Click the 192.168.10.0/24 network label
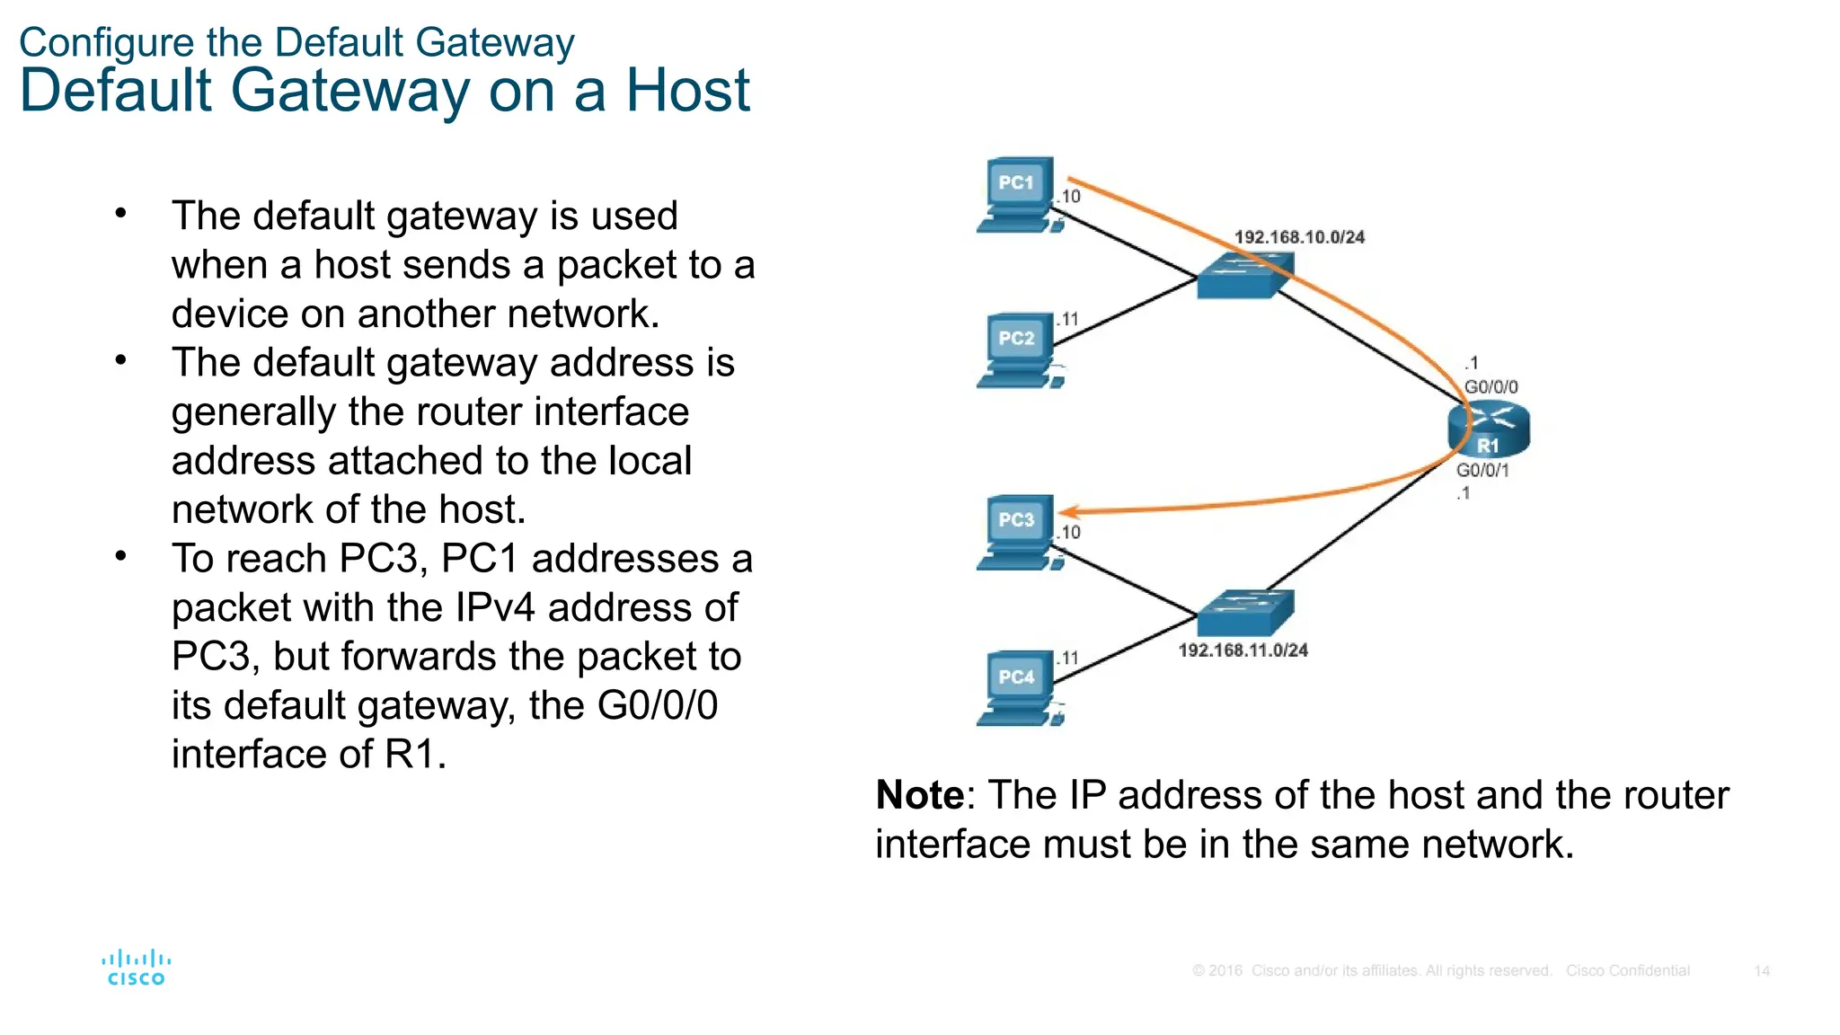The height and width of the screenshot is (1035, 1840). point(1299,237)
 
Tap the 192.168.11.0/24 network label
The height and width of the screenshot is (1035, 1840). point(1243,650)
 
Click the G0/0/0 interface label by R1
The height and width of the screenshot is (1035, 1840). point(1491,387)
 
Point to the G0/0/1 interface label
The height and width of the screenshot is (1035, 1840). point(1482,470)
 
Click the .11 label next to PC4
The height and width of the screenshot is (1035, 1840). point(1067,659)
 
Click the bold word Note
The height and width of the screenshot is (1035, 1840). point(919,796)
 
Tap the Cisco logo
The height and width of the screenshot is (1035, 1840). point(137,968)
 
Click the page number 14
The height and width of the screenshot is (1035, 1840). point(1761,971)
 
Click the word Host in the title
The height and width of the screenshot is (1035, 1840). point(687,91)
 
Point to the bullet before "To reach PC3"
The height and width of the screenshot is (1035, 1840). point(121,557)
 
